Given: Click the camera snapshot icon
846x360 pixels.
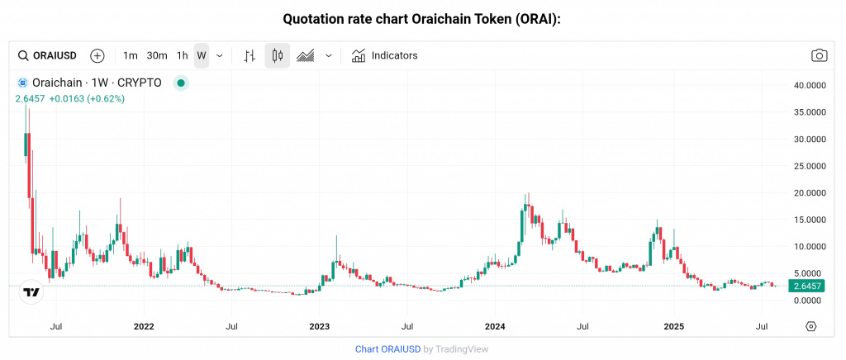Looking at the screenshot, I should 819,55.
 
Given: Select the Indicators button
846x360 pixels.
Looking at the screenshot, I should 385,55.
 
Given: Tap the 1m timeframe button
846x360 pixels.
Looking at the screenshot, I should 131,55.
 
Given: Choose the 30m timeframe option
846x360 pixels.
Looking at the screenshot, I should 157,55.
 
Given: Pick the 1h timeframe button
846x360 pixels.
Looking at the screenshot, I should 183,55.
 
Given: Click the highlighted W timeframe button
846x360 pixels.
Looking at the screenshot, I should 202,55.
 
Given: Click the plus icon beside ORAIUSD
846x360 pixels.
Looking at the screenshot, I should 97,55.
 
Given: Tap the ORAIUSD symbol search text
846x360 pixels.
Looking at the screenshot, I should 55,55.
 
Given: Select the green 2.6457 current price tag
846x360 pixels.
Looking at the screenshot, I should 806,286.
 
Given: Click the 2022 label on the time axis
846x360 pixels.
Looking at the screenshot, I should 144,327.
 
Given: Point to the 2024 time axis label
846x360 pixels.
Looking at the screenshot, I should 495,327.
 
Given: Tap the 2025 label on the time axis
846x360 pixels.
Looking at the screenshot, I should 673,327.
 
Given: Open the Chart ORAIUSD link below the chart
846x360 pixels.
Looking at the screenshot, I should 387,349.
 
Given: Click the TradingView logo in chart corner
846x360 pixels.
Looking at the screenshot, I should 31,292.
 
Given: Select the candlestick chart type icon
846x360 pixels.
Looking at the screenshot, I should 277,55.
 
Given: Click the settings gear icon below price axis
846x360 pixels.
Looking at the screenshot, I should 810,326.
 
